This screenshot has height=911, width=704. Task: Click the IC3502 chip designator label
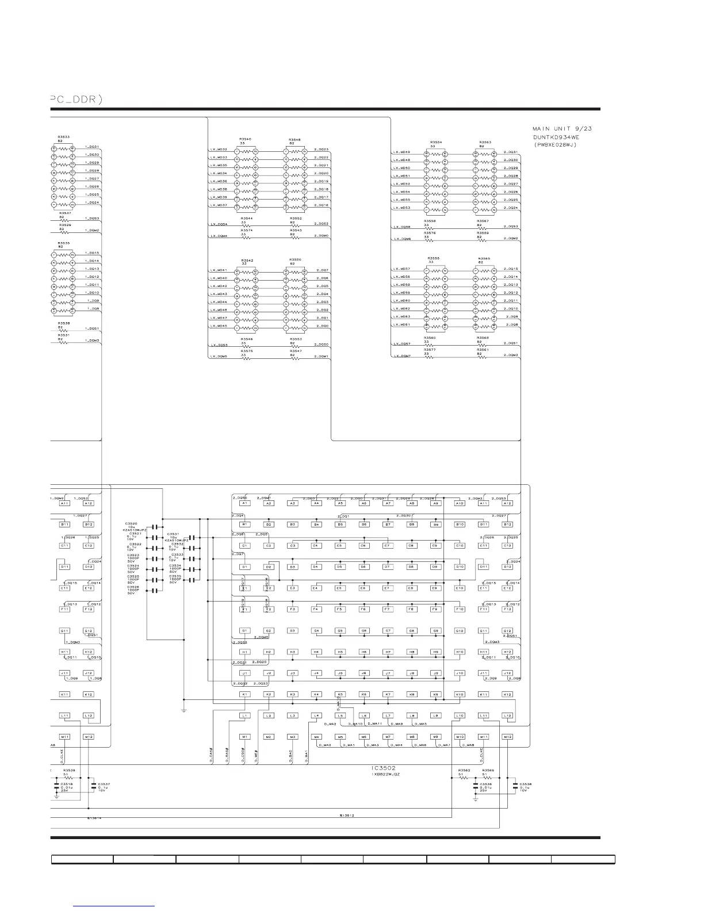pyautogui.click(x=384, y=768)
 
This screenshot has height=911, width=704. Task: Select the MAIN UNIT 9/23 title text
pyautogui.click(x=562, y=128)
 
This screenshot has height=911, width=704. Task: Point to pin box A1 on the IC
pyautogui.click(x=244, y=503)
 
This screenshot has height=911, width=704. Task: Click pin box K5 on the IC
pyautogui.click(x=340, y=694)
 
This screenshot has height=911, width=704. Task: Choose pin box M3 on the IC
pyautogui.click(x=292, y=737)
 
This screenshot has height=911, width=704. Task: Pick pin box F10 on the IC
pyautogui.click(x=460, y=609)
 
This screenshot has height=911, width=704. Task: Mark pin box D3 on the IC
pyautogui.click(x=292, y=567)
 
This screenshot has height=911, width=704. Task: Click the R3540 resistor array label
pyautogui.click(x=246, y=139)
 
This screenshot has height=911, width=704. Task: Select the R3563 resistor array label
pyautogui.click(x=484, y=142)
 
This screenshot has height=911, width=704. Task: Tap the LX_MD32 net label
pyautogui.click(x=219, y=150)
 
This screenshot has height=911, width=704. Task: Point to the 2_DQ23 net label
pyautogui.click(x=322, y=150)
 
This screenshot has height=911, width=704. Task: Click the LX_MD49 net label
pyautogui.click(x=401, y=152)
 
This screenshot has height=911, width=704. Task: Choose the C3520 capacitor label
pyautogui.click(x=131, y=523)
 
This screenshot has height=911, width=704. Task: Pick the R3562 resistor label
pyautogui.click(x=464, y=770)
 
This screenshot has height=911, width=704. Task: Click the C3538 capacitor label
pyautogui.click(x=526, y=784)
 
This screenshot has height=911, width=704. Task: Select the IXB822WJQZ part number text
pyautogui.click(x=385, y=775)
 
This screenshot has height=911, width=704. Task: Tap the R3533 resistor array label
pyautogui.click(x=63, y=137)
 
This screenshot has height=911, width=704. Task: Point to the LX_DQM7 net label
pyautogui.click(x=402, y=356)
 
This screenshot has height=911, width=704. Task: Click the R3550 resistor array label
pyautogui.click(x=295, y=259)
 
